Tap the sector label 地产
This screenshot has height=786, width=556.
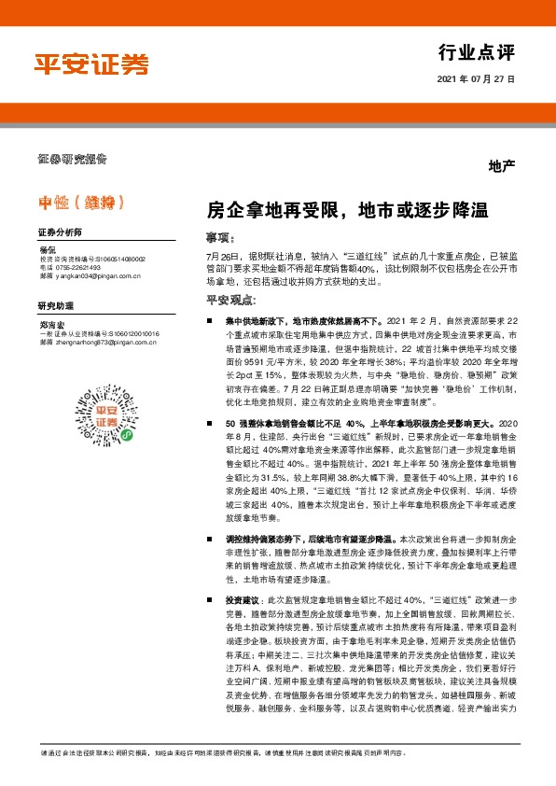tap(501, 166)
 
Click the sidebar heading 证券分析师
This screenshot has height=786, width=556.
tap(60, 232)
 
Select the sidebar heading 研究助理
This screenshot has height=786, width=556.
tap(55, 305)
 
